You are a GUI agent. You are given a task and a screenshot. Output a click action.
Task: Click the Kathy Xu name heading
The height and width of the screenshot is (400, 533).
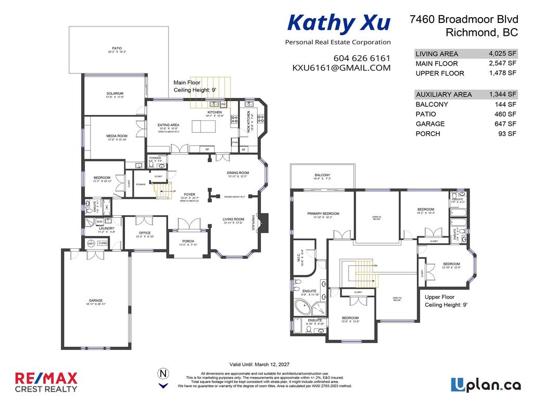tap(338, 23)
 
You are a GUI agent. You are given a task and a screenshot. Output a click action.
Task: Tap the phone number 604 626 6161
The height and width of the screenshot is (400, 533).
tap(362, 58)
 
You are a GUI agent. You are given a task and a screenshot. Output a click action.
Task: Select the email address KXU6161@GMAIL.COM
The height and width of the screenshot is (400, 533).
tap(341, 68)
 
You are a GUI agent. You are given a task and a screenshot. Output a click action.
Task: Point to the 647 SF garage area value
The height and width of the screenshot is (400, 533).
tap(505, 123)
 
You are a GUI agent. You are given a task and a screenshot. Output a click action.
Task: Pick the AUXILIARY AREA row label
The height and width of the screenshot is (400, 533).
tap(444, 94)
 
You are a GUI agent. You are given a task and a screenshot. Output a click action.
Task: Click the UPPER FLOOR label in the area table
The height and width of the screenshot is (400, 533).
tap(440, 73)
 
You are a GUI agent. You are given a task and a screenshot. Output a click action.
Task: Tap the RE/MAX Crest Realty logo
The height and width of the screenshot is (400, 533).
tap(46, 382)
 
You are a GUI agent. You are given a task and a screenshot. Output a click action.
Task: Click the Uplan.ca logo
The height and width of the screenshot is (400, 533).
tap(485, 385)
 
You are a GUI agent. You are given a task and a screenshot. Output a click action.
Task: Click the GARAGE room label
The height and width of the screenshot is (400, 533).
tap(95, 301)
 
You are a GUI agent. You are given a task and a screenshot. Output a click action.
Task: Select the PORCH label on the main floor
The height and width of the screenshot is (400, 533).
tap(188, 241)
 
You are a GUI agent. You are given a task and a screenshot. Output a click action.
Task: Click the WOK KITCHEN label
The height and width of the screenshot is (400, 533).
tap(248, 121)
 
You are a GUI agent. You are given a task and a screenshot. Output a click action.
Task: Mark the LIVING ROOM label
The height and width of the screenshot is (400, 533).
tap(233, 219)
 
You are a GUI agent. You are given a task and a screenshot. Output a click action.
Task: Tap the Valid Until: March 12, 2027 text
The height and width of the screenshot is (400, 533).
tap(259, 364)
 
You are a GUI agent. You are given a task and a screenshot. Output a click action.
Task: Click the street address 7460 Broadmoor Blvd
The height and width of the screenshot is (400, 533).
tap(464, 19)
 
